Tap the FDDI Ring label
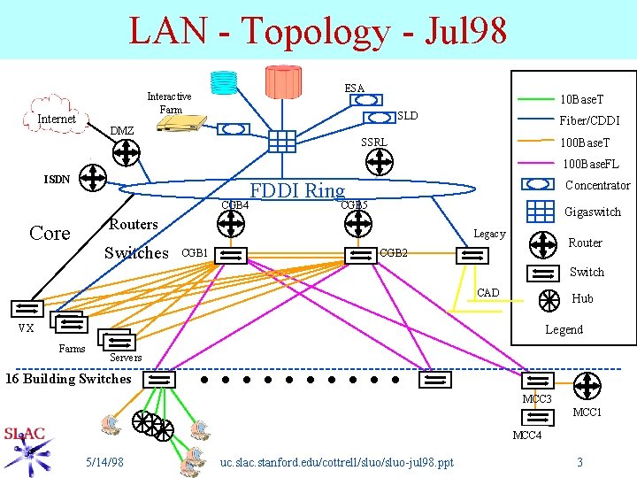(297, 190)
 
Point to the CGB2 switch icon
(360, 255)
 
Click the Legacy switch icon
(472, 255)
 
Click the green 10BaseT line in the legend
(530, 99)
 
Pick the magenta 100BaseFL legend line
(530, 164)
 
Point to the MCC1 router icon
(587, 387)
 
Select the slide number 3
(579, 462)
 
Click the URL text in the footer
(336, 462)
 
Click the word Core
(50, 234)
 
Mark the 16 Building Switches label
(68, 379)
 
